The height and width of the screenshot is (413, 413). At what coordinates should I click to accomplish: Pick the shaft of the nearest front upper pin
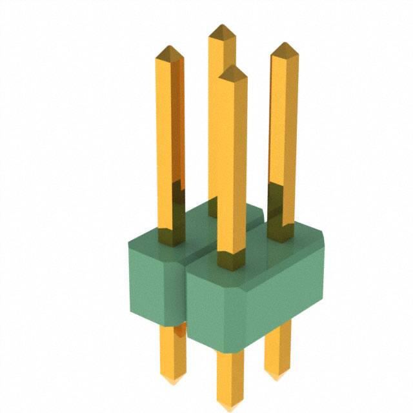tap(232, 161)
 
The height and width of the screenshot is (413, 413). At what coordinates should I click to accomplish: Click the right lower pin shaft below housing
tap(277, 352)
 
